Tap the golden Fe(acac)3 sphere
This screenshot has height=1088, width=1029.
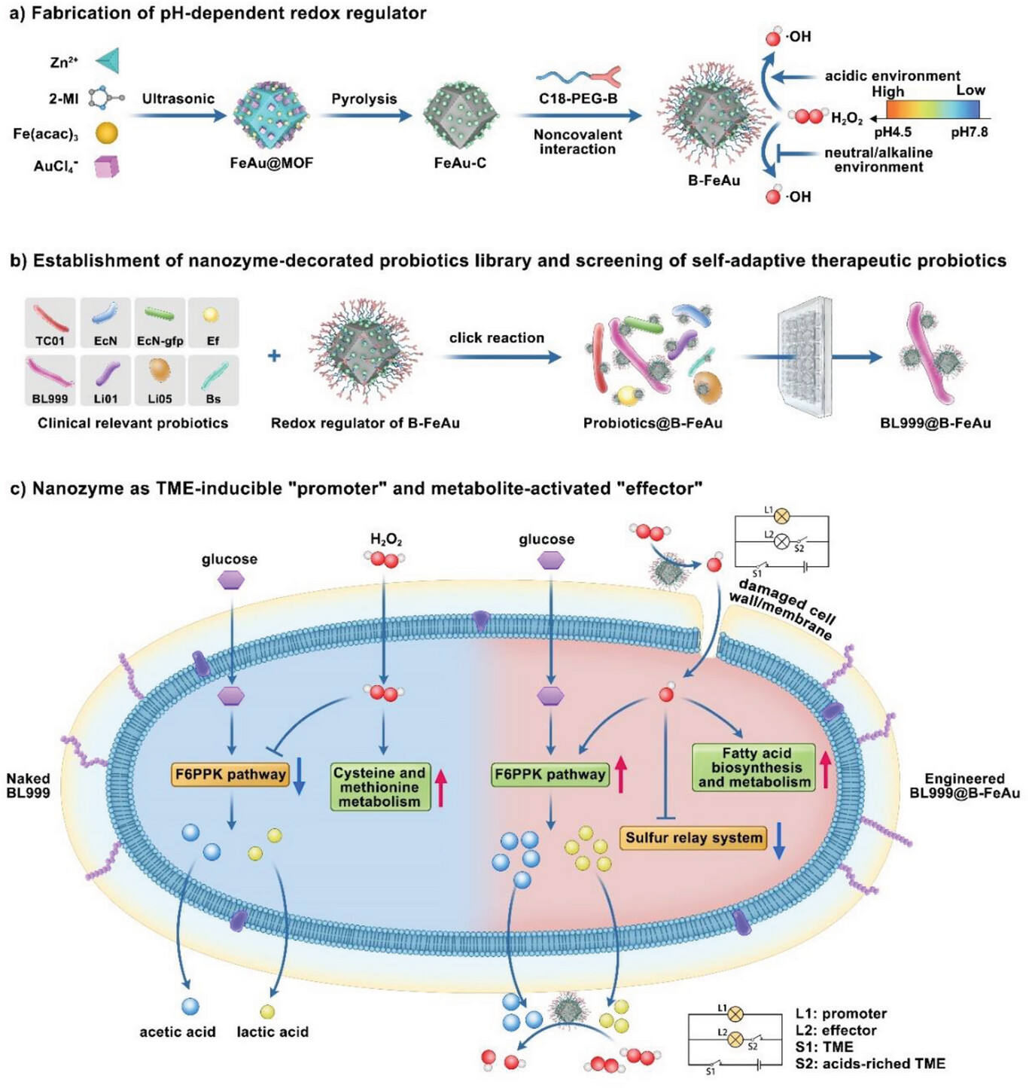107,133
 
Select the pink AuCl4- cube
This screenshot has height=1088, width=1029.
107,166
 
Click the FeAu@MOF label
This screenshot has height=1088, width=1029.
272,163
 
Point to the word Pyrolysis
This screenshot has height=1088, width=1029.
364,99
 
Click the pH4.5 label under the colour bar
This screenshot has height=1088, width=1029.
892,133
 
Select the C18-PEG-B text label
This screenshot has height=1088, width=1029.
577,99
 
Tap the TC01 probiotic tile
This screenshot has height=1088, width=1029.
50,323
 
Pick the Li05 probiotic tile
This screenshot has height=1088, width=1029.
160,380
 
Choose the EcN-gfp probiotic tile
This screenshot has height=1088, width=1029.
160,323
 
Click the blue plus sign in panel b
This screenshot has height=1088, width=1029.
274,355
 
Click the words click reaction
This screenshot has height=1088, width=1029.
496,337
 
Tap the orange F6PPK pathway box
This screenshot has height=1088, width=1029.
230,774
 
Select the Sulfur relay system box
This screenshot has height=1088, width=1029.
694,837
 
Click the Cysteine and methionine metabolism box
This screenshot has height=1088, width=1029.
379,787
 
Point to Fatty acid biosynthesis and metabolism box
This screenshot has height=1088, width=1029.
753,767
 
